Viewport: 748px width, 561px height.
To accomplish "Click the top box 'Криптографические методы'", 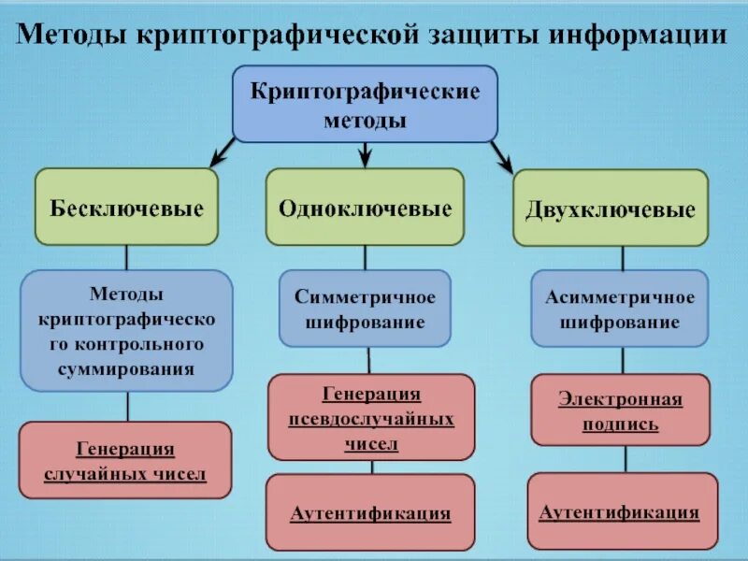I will pyautogui.click(x=365, y=105).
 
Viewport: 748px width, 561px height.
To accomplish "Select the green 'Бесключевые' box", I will pyautogui.click(x=127, y=208).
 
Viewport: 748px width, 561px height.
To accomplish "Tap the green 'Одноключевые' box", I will pyautogui.click(x=365, y=208).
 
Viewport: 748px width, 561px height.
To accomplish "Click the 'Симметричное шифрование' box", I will pyautogui.click(x=365, y=309).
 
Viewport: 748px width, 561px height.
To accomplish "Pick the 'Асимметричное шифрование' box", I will pyautogui.click(x=619, y=309).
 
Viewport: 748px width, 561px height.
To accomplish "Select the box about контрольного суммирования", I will pyautogui.click(x=126, y=330).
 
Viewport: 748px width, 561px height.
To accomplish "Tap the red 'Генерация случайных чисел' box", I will pyautogui.click(x=125, y=461).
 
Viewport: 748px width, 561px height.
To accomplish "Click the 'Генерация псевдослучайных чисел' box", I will pyautogui.click(x=371, y=417).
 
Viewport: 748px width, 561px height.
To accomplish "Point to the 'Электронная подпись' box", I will pyautogui.click(x=620, y=410).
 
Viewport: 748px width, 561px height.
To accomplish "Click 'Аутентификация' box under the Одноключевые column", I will pyautogui.click(x=370, y=512).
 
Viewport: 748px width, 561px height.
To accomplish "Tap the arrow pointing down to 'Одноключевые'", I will pyautogui.click(x=366, y=154).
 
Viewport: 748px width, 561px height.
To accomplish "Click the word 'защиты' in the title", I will pyautogui.click(x=481, y=35).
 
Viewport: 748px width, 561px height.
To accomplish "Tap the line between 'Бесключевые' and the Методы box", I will pyautogui.click(x=127, y=258).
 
